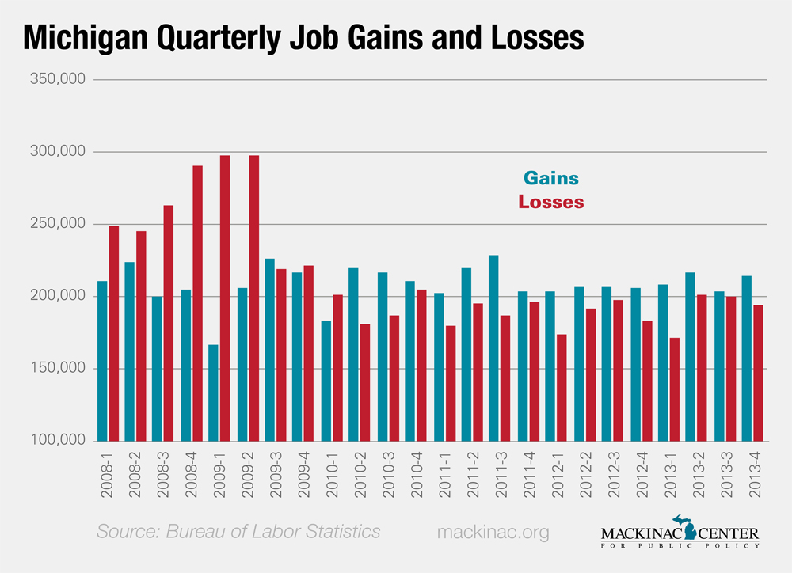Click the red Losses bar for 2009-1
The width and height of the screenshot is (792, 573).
[x=225, y=298]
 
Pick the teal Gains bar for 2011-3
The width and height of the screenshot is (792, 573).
[x=493, y=348]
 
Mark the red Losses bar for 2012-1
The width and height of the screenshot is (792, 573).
[x=562, y=388]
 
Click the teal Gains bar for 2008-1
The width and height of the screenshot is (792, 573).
[x=101, y=361]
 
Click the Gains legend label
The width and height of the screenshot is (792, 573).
[x=551, y=178]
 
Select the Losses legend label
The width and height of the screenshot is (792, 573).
[x=551, y=202]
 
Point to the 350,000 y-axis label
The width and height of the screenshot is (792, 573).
[x=59, y=79]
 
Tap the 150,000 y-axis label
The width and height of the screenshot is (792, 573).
[x=59, y=369]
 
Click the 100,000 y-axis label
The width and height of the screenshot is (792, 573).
[x=59, y=441]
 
